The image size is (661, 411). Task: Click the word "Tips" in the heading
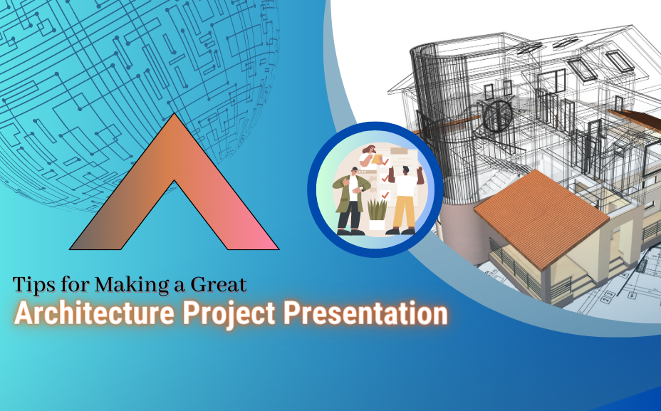[x=33, y=285]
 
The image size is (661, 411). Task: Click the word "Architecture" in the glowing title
[x=95, y=313]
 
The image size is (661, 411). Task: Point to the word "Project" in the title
[x=229, y=314]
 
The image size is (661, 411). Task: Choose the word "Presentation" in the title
[x=365, y=313]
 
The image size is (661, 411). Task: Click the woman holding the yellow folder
[x=370, y=155]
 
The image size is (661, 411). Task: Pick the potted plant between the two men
[x=377, y=214]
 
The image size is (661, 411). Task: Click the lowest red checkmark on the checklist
[x=385, y=194]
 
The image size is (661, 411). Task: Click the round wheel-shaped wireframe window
[x=498, y=115]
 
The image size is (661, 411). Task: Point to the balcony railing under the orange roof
[x=514, y=266]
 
